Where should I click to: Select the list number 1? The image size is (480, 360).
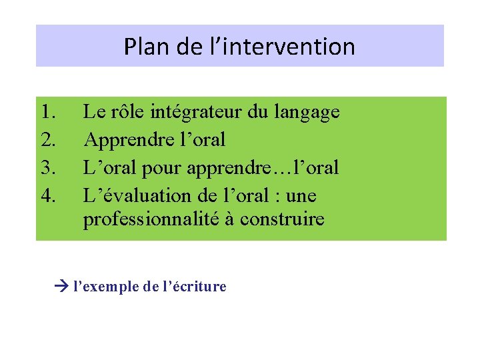point(47,112)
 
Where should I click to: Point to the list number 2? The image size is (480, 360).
point(47,140)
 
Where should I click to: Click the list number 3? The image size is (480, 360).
point(47,168)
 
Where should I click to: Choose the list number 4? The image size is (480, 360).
point(47,196)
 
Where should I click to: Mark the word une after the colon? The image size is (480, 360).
point(300,196)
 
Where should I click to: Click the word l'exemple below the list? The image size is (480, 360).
point(105,287)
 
